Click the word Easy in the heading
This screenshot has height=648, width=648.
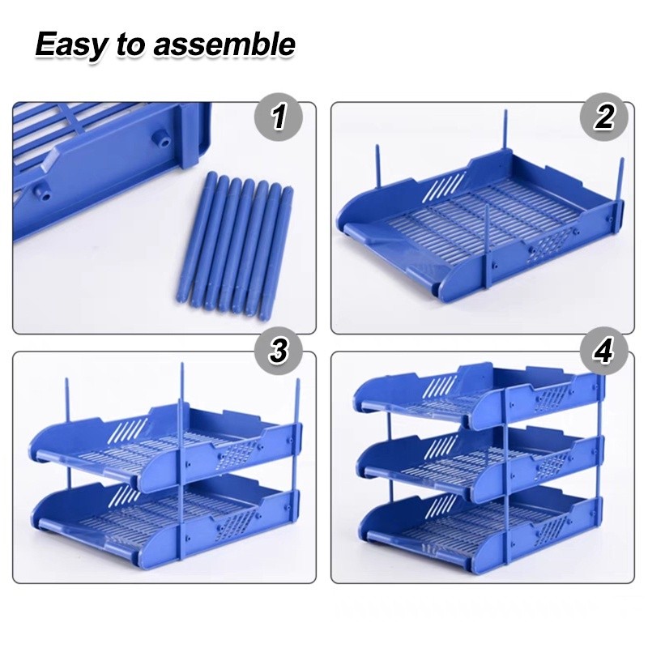70,45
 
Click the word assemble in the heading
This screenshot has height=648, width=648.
224,45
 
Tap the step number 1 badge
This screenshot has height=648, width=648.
279,117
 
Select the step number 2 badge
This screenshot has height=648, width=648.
604,117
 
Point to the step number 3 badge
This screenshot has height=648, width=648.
279,352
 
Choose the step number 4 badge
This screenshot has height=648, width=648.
604,352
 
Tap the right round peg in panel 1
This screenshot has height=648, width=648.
164,140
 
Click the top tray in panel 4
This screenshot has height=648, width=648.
480,397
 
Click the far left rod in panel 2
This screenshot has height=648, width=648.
377,165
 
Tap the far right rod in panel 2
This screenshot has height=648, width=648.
620,180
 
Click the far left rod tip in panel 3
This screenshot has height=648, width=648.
66,378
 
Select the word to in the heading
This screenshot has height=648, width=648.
130,45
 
